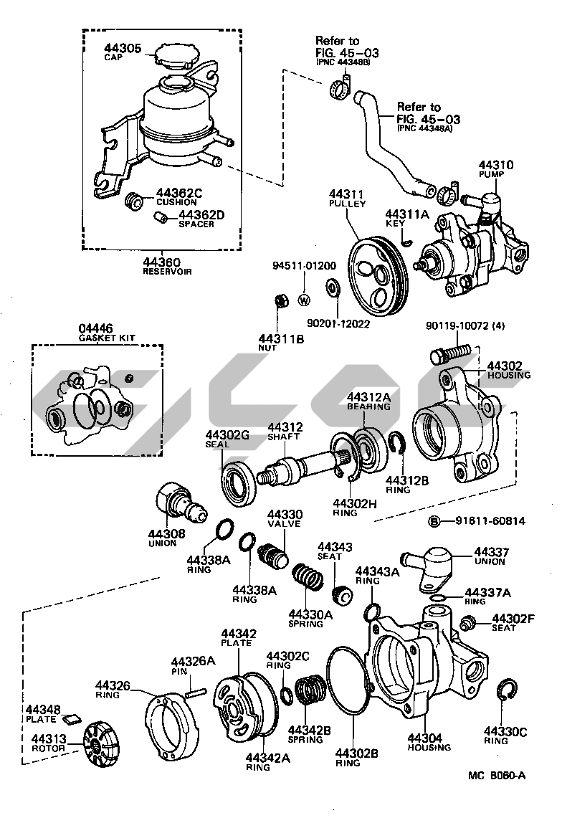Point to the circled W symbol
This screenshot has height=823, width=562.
pyautogui.click(x=303, y=300)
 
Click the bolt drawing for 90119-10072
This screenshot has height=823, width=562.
pyautogui.click(x=449, y=353)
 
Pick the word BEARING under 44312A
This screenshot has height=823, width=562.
pyautogui.click(x=368, y=406)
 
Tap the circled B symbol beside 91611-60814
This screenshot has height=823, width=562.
pyautogui.click(x=434, y=520)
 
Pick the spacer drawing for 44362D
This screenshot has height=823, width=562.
pyautogui.click(x=165, y=217)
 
